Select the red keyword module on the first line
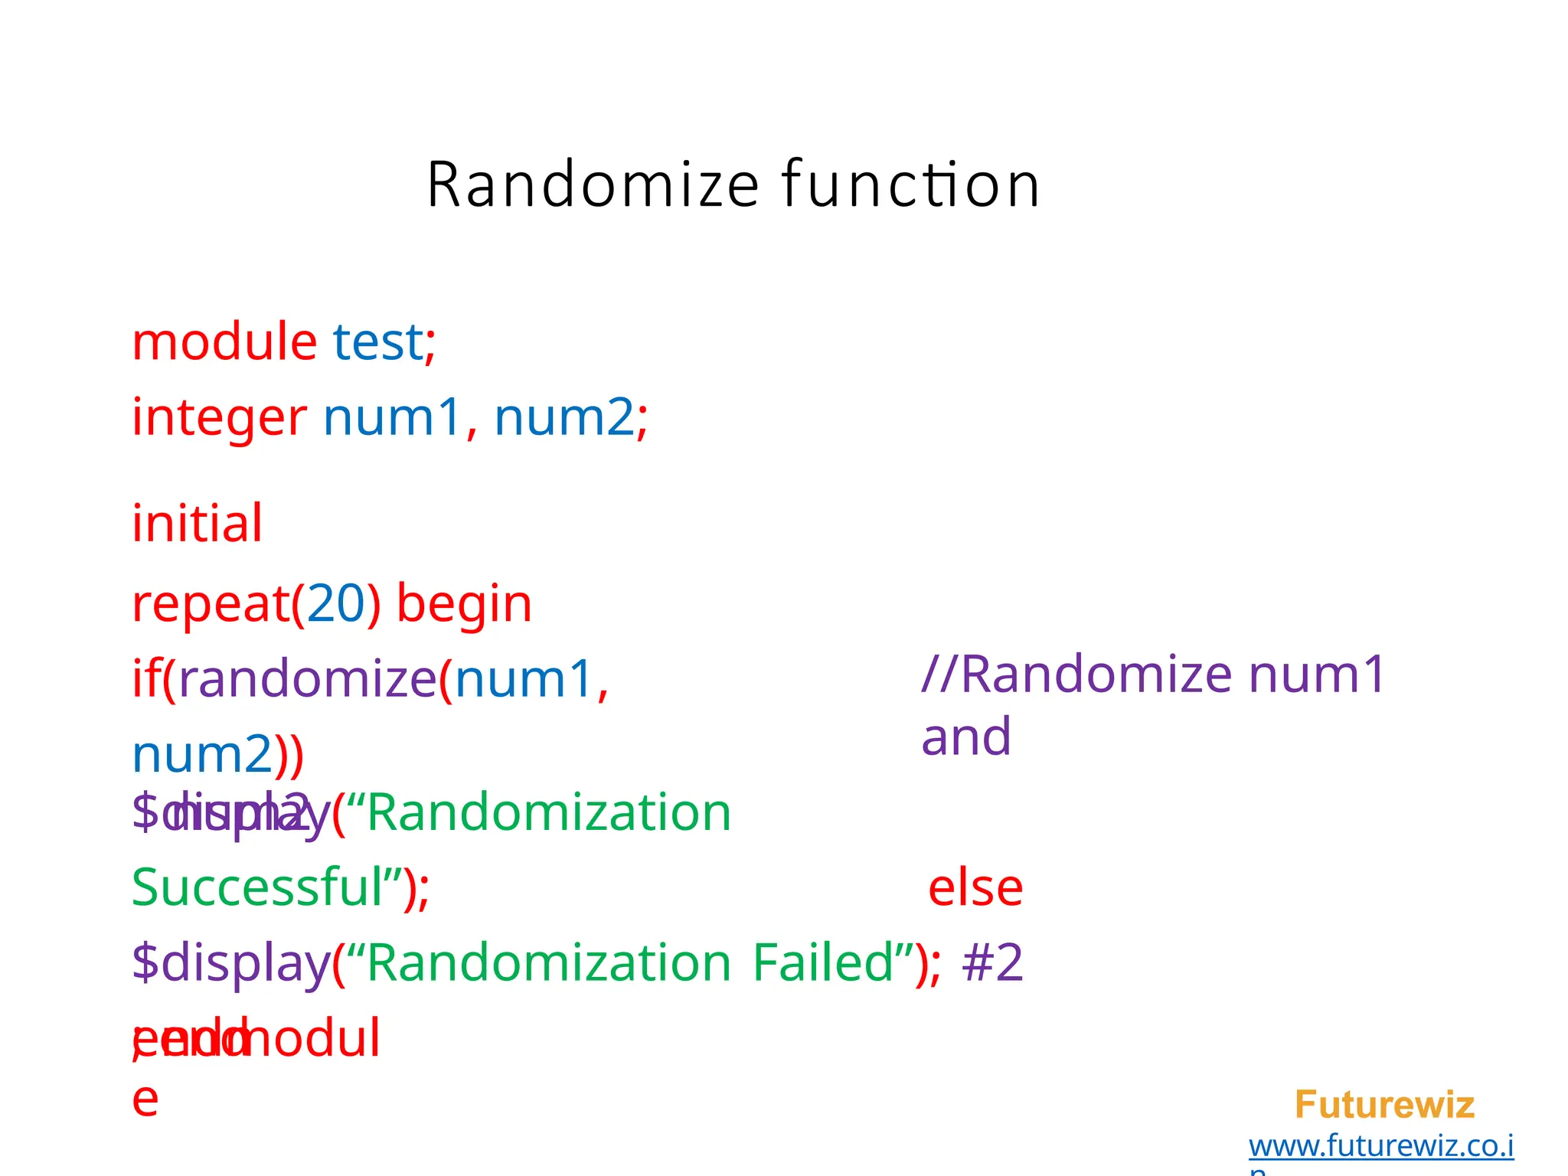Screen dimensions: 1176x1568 (x=224, y=341)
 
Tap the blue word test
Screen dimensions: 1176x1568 (x=377, y=341)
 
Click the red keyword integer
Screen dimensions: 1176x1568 (x=219, y=418)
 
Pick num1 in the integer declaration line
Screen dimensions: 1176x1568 (x=392, y=418)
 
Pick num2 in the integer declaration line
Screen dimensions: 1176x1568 (x=564, y=418)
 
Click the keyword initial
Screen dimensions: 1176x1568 (x=198, y=524)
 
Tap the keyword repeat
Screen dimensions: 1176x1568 (x=211, y=604)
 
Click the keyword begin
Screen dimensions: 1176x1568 (x=464, y=604)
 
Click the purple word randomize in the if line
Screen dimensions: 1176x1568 (x=307, y=679)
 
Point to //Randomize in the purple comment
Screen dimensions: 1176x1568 (x=1076, y=675)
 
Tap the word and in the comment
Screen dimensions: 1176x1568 (x=966, y=737)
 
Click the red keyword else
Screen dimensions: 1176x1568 (x=975, y=888)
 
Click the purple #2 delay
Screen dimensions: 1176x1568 (x=992, y=962)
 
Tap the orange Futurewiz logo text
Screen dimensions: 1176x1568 (x=1384, y=1105)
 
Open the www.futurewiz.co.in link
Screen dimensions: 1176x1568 (x=1381, y=1146)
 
